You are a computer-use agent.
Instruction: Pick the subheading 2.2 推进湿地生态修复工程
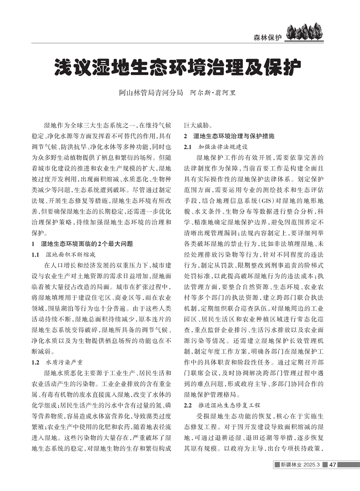pos(222,406)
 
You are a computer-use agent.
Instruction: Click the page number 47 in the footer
pos(332,478)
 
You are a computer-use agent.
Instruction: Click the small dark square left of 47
pos(325,478)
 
